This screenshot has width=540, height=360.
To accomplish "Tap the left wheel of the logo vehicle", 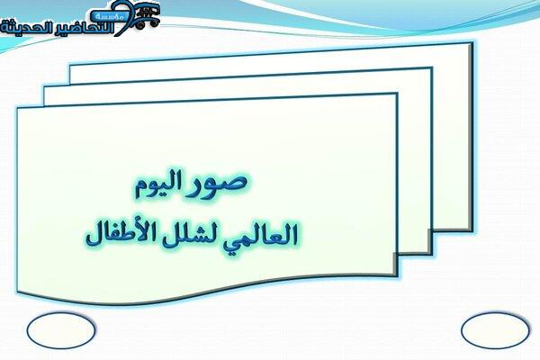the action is click(139, 25).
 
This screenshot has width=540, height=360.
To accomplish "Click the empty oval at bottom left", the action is click(60, 330).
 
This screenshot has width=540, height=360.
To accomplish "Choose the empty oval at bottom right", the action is click(495, 330).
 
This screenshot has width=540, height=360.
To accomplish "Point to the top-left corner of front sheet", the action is click(18, 109).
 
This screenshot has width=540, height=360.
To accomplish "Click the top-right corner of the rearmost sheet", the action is click(472, 43).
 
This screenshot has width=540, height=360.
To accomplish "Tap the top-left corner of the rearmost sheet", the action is click(70, 65).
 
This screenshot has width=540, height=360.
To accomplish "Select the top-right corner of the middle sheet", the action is click(431, 68).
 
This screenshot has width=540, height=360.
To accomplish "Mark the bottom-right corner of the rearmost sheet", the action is click(472, 230).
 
